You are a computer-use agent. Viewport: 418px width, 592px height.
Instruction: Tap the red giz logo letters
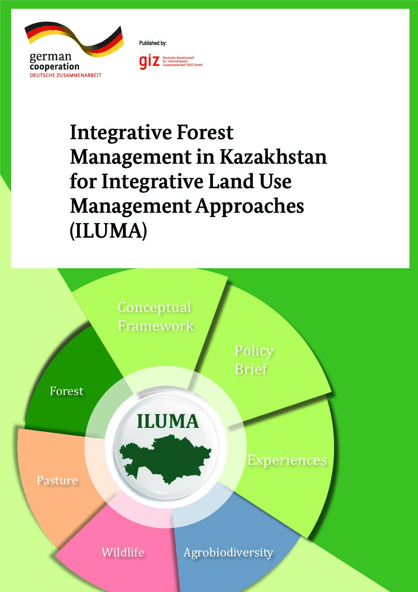149,62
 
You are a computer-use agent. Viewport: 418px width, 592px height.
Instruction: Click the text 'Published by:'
153,43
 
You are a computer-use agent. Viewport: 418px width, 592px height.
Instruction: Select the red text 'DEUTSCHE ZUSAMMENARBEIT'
66,75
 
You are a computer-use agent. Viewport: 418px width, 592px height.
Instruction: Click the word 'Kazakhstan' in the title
273,157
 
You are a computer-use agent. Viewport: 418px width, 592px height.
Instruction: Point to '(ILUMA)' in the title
108,231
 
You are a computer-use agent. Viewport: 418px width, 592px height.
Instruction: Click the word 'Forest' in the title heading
205,132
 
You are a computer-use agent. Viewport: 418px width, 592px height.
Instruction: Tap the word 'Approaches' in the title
250,207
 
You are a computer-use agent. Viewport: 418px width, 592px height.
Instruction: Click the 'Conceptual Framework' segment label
156,316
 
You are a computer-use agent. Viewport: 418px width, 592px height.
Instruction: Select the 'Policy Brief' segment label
254,360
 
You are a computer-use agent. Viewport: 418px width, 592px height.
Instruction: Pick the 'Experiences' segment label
287,460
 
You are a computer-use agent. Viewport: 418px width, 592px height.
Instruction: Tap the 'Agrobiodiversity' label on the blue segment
228,553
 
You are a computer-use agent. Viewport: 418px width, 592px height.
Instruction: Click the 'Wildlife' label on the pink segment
123,552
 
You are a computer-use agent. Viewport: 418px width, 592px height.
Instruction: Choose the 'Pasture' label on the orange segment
57,480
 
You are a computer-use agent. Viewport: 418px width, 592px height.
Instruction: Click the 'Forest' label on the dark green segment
66,391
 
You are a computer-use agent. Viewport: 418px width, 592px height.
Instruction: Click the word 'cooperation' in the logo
55,66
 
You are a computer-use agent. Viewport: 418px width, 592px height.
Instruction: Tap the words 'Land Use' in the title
250,182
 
